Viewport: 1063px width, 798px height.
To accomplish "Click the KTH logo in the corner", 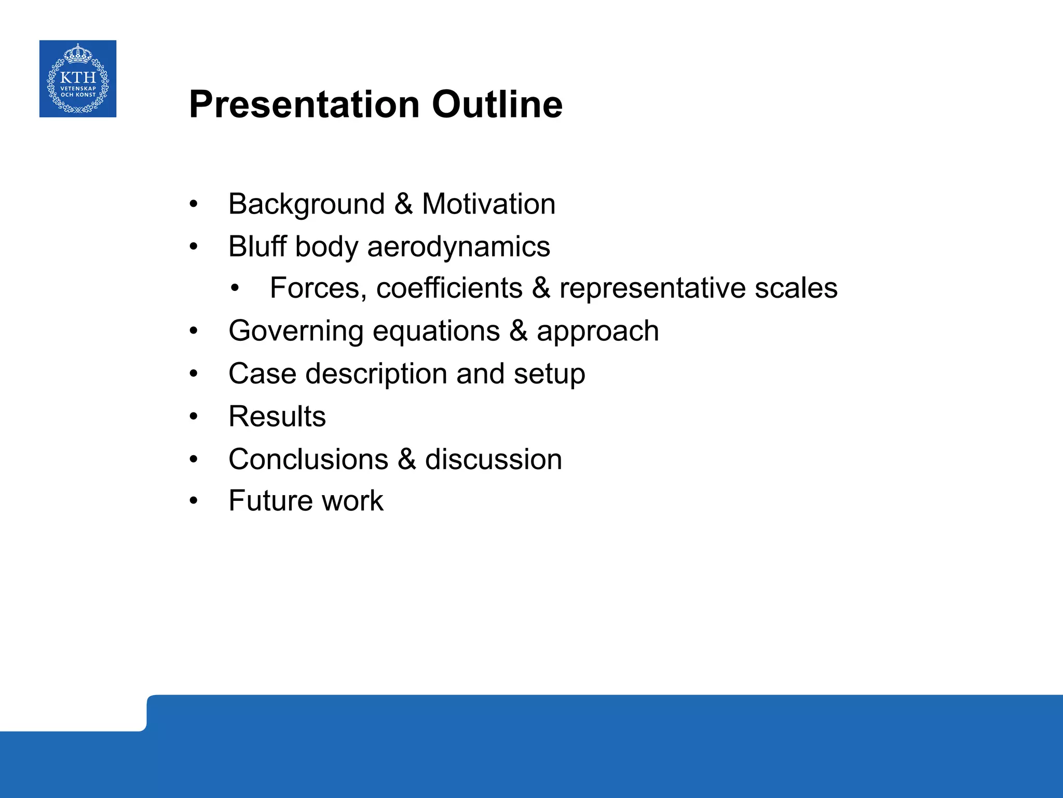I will click(78, 79).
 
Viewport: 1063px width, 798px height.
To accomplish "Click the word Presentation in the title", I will click(304, 105).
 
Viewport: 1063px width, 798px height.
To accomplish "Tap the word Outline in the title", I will click(497, 105).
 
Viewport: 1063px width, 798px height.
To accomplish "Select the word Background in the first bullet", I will click(306, 204).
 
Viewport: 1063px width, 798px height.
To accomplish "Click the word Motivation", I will click(488, 204).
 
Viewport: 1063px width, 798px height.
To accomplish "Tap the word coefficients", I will click(449, 288).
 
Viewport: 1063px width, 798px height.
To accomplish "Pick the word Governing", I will click(296, 331).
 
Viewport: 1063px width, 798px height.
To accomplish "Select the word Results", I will click(277, 417).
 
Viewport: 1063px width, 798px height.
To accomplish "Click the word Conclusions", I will click(308, 460).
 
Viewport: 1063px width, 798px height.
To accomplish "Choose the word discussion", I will click(493, 460).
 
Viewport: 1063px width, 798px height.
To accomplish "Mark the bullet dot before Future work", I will click(194, 501).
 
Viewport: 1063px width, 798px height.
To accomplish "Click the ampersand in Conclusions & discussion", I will click(407, 460).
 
